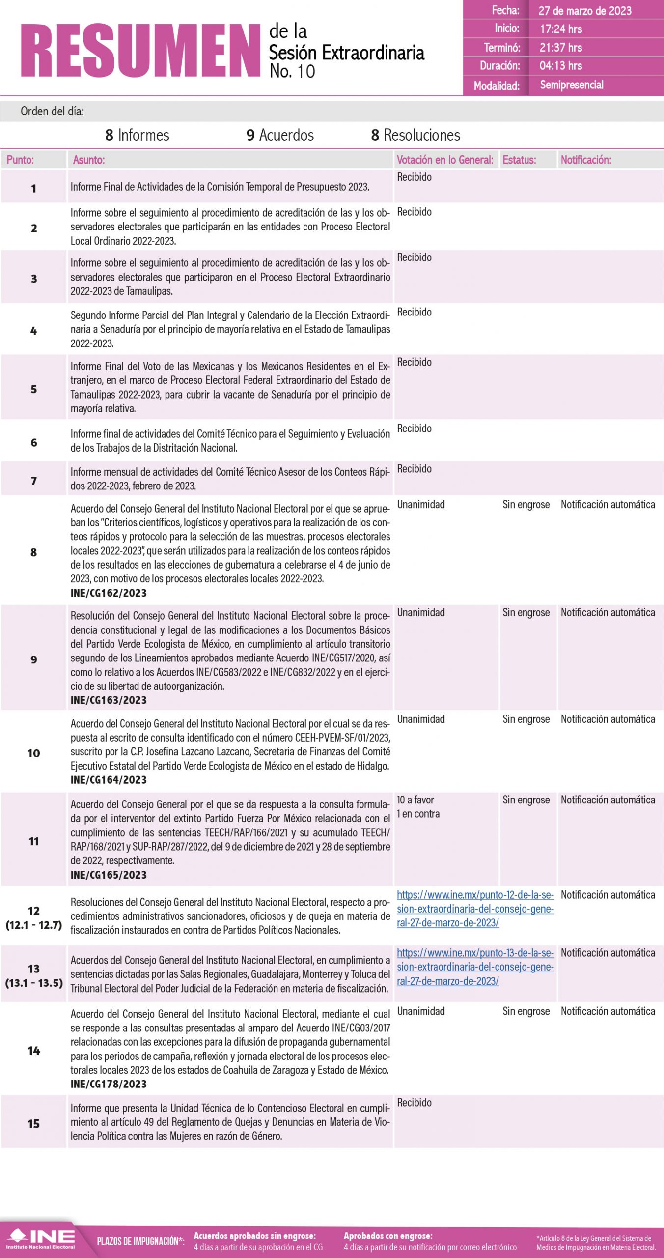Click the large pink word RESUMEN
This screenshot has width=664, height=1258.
pyautogui.click(x=140, y=51)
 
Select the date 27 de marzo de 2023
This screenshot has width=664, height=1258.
pyautogui.click(x=584, y=11)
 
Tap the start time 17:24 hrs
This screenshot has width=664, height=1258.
pyautogui.click(x=560, y=29)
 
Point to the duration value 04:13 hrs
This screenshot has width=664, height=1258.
pyautogui.click(x=560, y=66)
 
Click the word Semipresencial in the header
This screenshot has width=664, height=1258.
pyautogui.click(x=571, y=85)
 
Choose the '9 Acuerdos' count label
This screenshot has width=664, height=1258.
pyautogui.click(x=280, y=135)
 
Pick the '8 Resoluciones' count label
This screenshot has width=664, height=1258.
pyautogui.click(x=415, y=135)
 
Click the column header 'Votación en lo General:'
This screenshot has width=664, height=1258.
pyautogui.click(x=444, y=160)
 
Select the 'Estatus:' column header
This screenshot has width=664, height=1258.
pyautogui.click(x=519, y=160)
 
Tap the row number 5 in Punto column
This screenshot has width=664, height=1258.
pyautogui.click(x=33, y=389)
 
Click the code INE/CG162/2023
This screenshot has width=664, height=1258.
pyautogui.click(x=109, y=593)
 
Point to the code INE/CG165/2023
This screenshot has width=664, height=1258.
pyautogui.click(x=109, y=875)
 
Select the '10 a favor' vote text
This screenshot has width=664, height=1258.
pyautogui.click(x=415, y=800)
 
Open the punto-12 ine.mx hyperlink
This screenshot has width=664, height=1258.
pyautogui.click(x=474, y=909)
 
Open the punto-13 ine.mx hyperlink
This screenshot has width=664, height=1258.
pyautogui.click(x=474, y=967)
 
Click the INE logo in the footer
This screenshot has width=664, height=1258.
pyautogui.click(x=40, y=1239)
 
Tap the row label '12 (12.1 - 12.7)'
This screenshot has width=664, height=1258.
pyautogui.click(x=33, y=918)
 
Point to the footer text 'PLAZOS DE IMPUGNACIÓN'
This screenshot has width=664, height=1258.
pyautogui.click(x=140, y=1241)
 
